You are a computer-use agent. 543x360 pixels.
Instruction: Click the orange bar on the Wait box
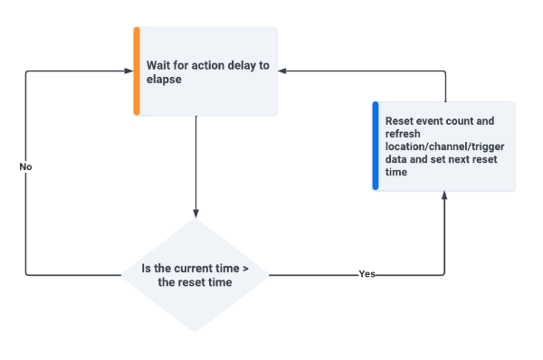[x=137, y=71]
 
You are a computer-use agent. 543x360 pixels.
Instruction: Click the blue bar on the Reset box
[x=376, y=146]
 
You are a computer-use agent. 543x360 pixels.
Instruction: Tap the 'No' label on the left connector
[x=25, y=166]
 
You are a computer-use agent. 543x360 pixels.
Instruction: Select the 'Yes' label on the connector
[x=367, y=274]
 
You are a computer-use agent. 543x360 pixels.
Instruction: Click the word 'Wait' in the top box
[x=161, y=64]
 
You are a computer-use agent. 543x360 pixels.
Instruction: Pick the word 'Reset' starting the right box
[x=401, y=120]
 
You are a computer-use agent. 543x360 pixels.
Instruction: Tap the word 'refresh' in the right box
[x=403, y=133]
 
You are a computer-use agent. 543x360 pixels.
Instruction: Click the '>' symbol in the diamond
[x=245, y=268]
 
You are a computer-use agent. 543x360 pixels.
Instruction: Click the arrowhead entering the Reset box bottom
[x=445, y=196]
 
